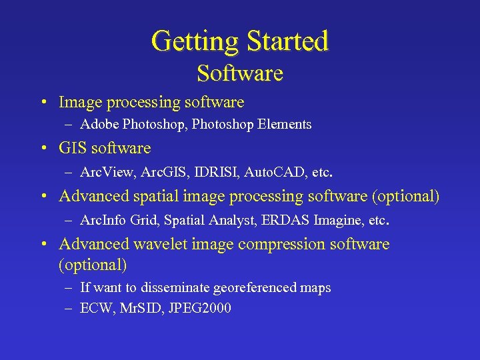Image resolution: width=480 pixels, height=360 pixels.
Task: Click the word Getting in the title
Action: [x=195, y=41]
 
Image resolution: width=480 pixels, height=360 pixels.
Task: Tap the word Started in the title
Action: [x=287, y=41]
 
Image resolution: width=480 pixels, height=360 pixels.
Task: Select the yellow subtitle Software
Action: [x=240, y=73]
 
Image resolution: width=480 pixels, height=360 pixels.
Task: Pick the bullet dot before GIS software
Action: [x=43, y=149]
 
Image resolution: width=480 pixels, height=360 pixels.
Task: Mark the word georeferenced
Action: [x=254, y=288]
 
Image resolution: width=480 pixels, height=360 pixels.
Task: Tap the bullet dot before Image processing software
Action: [x=43, y=103]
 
